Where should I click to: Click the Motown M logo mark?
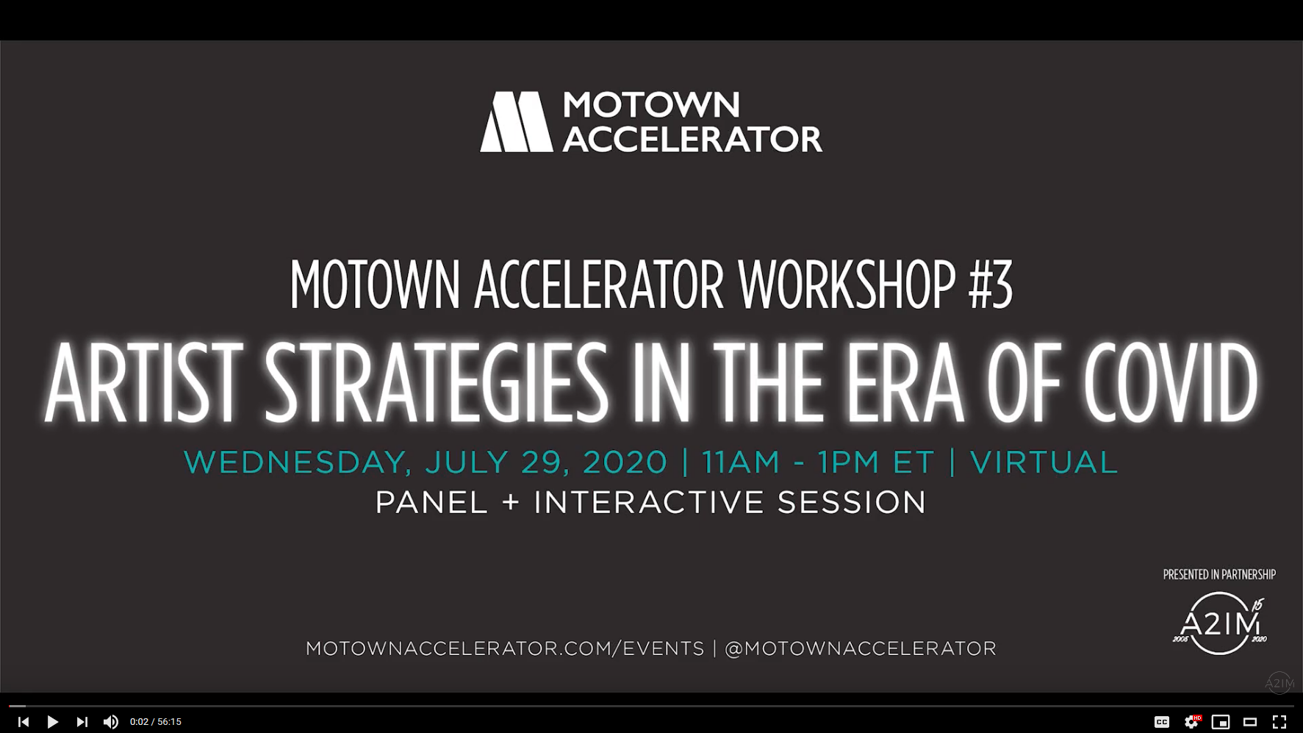point(516,122)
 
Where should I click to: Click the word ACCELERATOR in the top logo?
point(692,139)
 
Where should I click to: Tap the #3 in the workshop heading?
point(991,285)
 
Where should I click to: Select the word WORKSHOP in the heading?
point(847,285)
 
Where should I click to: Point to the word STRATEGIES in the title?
point(436,382)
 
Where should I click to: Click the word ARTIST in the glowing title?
point(143,382)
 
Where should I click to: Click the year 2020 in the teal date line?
point(625,462)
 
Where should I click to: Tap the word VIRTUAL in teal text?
point(1044,462)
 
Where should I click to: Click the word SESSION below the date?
point(852,503)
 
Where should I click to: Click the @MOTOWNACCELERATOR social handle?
point(861,648)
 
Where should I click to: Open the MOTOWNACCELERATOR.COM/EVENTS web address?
point(505,648)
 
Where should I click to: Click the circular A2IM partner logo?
point(1220,623)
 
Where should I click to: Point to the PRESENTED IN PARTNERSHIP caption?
point(1219,574)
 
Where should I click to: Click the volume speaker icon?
point(111,722)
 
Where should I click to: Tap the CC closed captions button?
point(1162,722)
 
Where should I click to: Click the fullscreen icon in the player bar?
point(1279,722)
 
